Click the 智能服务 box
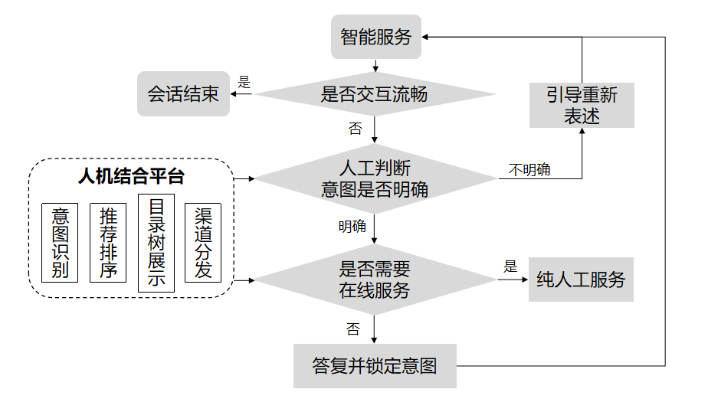point(376,37)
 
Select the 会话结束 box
point(183,94)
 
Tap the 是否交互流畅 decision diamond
point(375,95)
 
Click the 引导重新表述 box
point(582,105)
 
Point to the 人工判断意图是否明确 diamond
point(375,178)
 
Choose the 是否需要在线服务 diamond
point(375,280)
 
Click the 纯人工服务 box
point(581,280)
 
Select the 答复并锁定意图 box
point(375,366)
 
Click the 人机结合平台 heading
point(131,177)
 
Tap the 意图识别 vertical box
point(61,243)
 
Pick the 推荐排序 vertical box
point(108,243)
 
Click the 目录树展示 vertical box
point(156,243)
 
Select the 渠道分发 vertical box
point(203,243)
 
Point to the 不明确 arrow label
point(529,170)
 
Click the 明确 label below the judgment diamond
point(352,227)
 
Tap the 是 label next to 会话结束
point(245,82)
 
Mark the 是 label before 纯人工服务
point(511,266)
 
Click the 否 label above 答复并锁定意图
point(352,329)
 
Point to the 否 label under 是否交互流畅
point(355,129)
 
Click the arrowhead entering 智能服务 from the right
point(427,37)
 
